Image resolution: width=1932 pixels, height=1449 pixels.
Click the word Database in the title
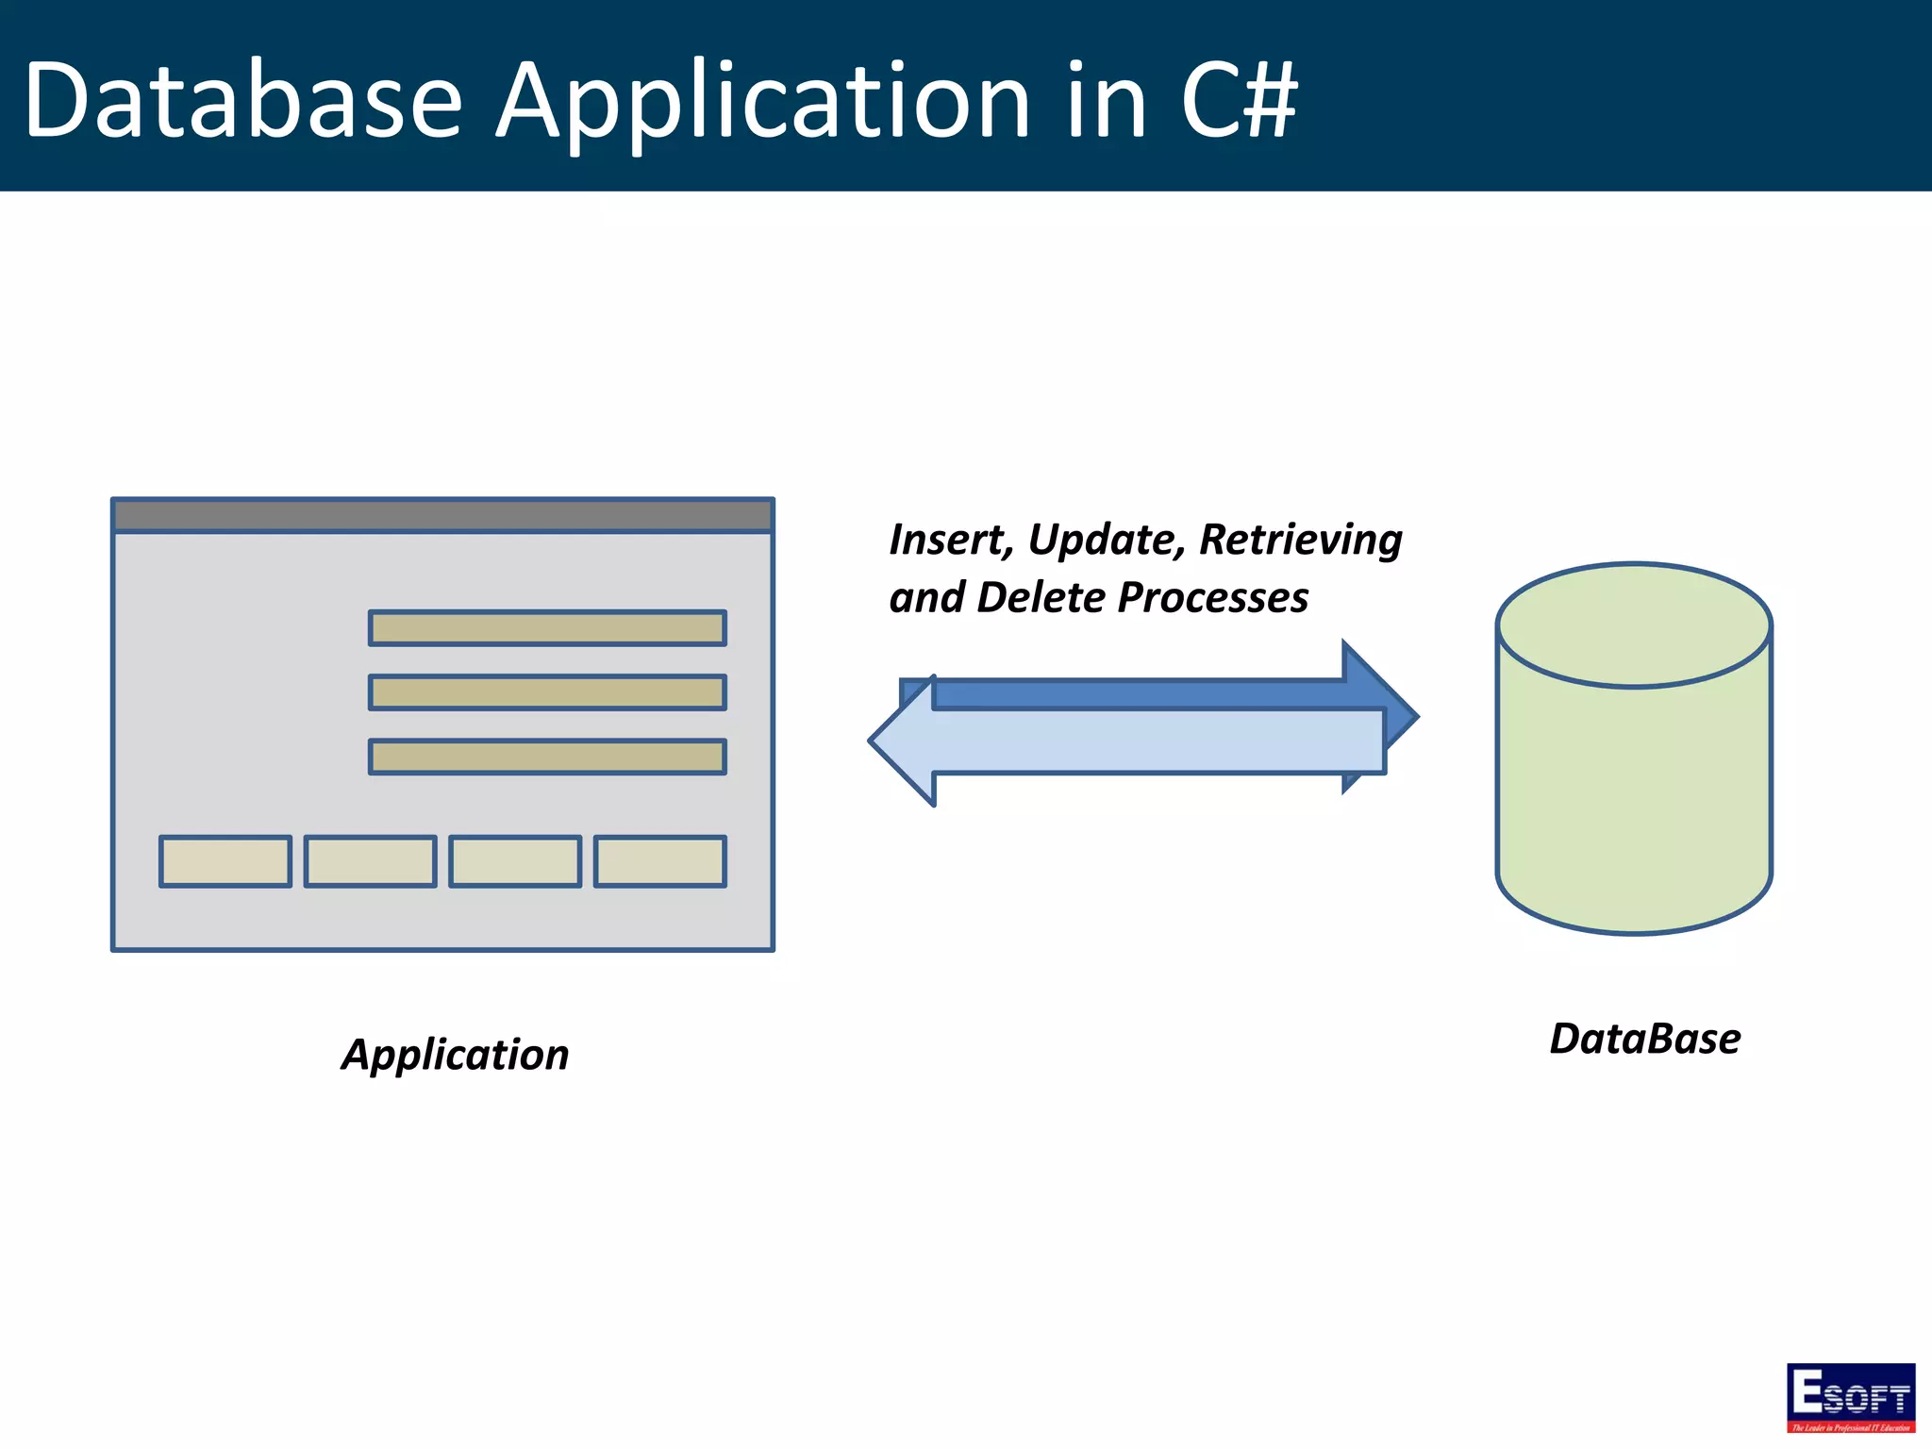click(x=243, y=100)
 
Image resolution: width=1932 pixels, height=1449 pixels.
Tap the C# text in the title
click(x=1238, y=100)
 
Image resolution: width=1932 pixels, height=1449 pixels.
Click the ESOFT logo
click(x=1850, y=1397)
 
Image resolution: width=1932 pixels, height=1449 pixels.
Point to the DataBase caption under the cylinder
click(x=1644, y=1039)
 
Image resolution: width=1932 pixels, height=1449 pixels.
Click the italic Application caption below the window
click(x=456, y=1055)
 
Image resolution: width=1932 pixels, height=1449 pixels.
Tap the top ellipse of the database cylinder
click(x=1634, y=625)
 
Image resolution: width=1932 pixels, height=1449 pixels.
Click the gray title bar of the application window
click(x=442, y=516)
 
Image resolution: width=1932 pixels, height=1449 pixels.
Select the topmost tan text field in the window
click(x=547, y=628)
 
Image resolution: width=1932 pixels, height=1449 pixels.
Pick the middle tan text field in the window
click(x=547, y=692)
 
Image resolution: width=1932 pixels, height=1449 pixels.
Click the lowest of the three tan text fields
click(x=547, y=757)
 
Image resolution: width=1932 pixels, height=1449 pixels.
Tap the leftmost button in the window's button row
click(x=225, y=861)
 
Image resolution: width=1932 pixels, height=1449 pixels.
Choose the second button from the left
click(x=370, y=861)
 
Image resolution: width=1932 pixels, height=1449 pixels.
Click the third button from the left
click(x=515, y=861)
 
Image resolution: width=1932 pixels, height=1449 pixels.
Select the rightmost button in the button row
click(x=659, y=861)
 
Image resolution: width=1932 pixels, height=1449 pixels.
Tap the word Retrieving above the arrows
click(x=1300, y=541)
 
